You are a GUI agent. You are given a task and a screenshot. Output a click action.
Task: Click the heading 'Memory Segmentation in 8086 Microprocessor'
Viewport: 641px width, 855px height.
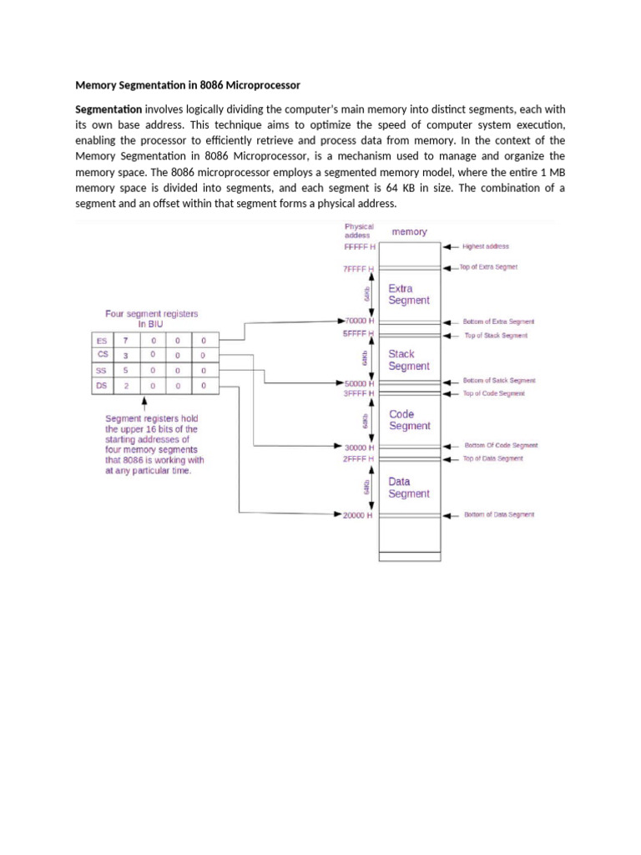point(188,84)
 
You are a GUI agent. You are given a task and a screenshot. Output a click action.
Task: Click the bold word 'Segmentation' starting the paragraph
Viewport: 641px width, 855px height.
point(109,109)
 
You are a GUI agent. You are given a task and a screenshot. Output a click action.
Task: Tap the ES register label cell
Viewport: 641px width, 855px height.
point(102,341)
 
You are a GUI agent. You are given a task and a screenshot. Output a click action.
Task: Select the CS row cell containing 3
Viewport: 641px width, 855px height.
point(127,355)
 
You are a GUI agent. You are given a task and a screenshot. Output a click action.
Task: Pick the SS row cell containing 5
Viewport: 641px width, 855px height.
point(127,370)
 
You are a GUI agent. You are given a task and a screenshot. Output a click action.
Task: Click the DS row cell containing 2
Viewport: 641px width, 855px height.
point(127,385)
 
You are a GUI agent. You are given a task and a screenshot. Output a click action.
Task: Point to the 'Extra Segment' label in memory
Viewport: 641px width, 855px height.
point(409,294)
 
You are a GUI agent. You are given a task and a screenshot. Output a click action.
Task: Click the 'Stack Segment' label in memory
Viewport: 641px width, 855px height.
point(409,360)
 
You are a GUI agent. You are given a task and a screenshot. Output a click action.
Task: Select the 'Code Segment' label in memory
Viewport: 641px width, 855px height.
point(409,420)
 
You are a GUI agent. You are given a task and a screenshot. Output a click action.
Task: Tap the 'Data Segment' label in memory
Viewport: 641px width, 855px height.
point(409,488)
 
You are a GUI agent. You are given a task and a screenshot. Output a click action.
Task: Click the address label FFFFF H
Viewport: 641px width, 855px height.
point(360,247)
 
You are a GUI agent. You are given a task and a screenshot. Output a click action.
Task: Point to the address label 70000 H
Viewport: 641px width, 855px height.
point(361,321)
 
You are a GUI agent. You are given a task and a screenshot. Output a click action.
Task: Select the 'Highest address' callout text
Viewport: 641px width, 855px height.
point(486,247)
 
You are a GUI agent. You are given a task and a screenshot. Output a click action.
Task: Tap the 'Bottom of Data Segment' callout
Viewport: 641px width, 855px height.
point(499,515)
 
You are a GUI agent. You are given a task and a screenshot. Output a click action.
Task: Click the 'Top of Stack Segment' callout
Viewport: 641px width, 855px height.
point(496,336)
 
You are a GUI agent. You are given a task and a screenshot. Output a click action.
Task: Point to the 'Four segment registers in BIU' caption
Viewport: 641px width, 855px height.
point(152,318)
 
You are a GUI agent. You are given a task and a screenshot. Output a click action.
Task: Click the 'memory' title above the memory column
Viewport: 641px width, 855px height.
point(409,232)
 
